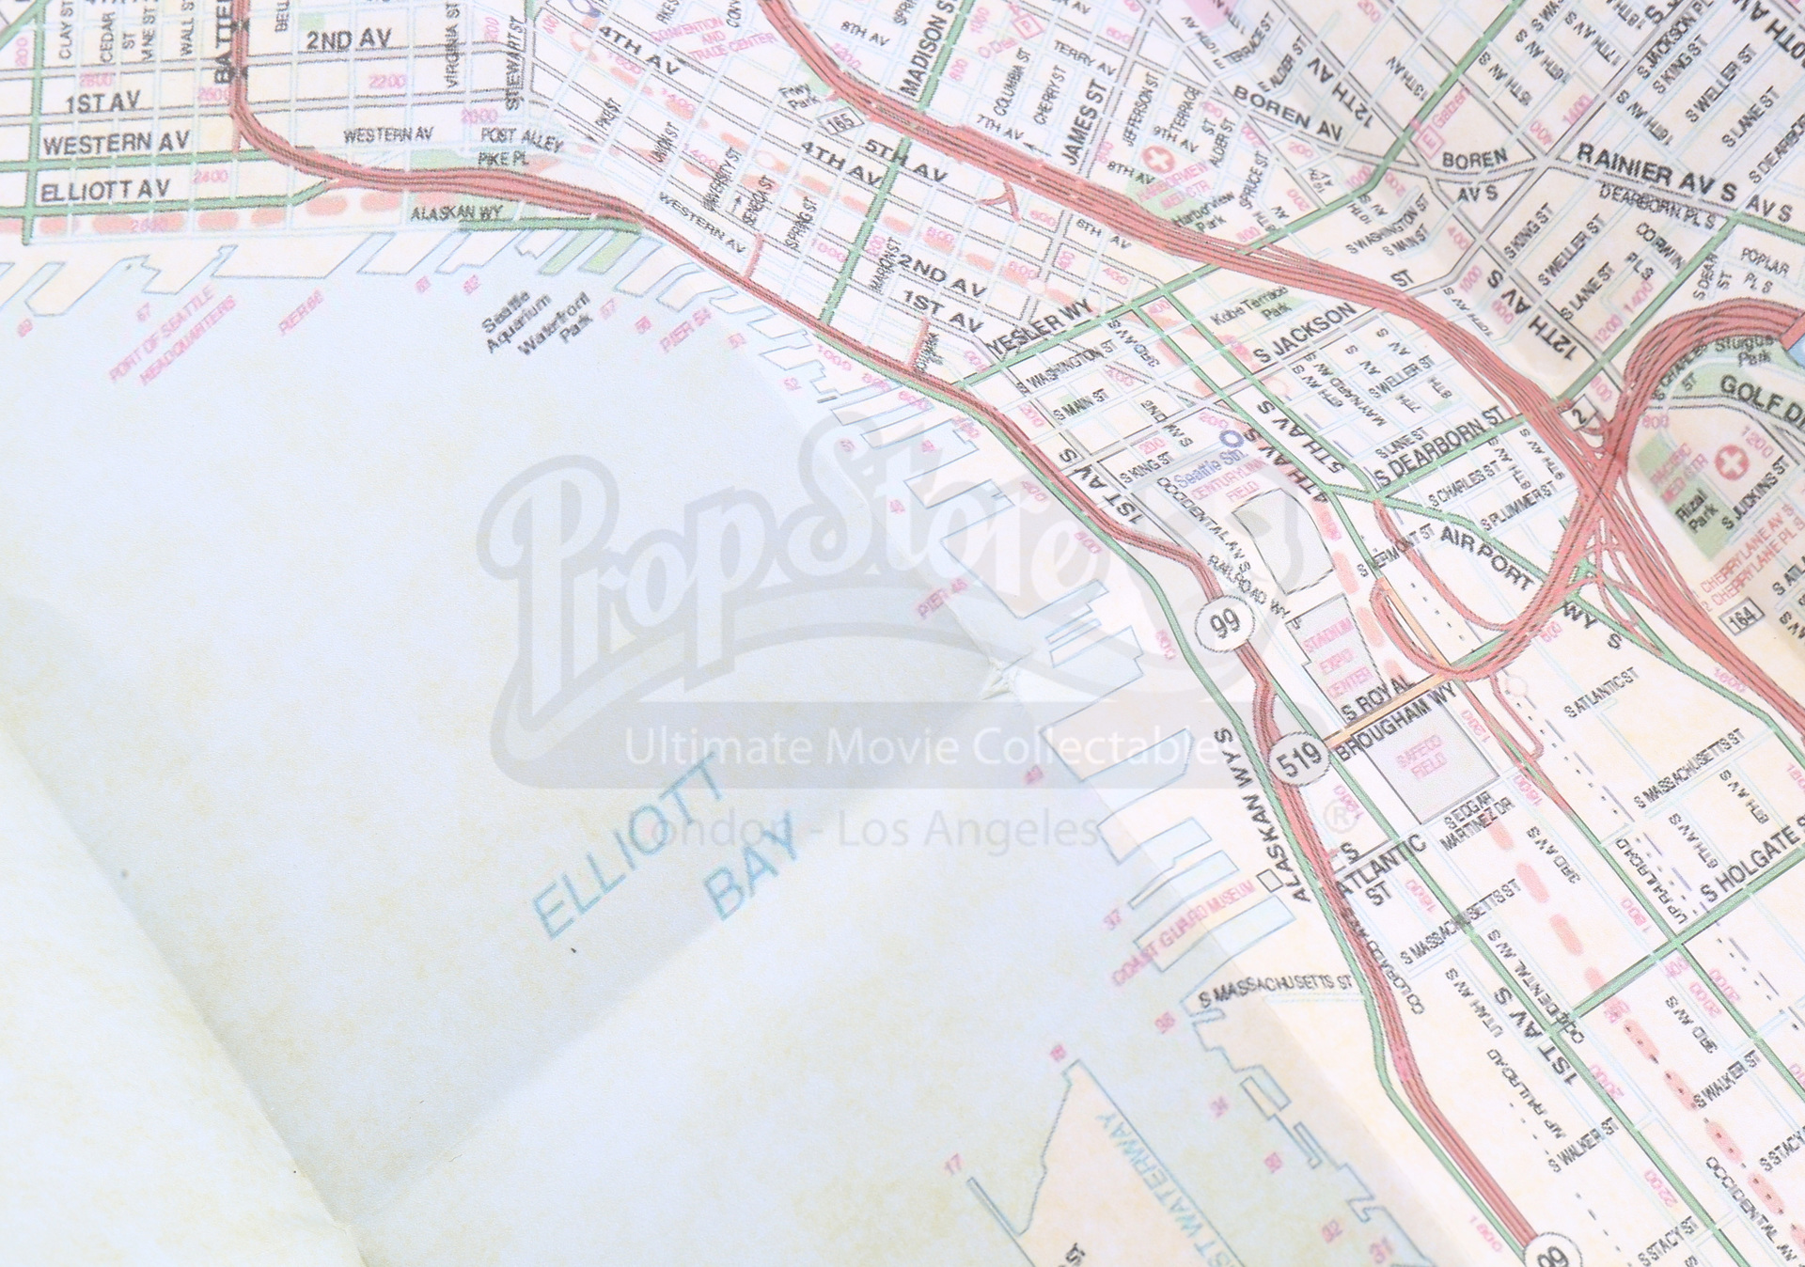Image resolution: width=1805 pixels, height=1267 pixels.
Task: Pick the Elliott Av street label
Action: pos(103,192)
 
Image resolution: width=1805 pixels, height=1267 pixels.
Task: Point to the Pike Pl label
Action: pos(504,160)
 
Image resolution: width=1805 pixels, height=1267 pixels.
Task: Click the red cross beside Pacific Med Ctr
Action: pos(1727,464)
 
